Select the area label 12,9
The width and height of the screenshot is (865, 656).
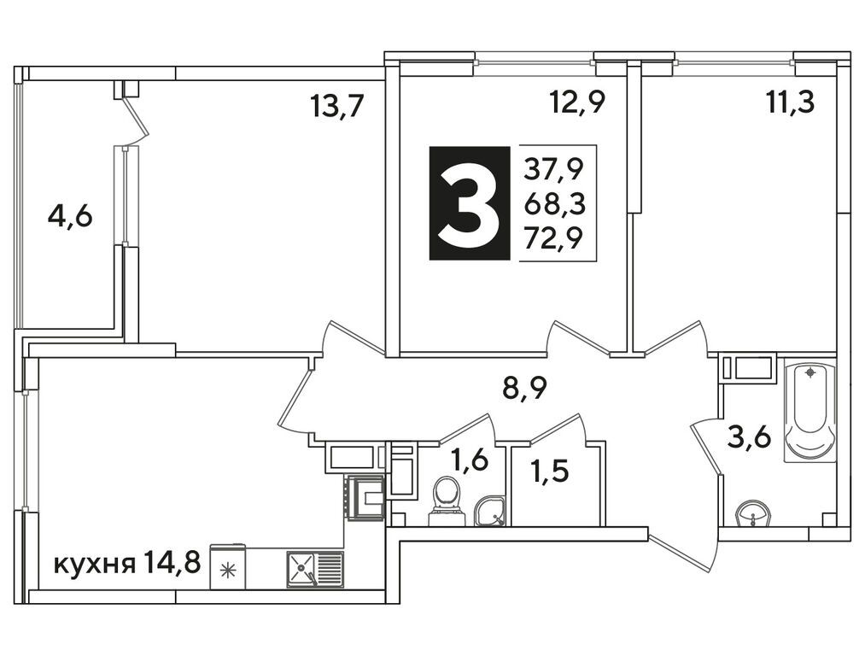(x=577, y=102)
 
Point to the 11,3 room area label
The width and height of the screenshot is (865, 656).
(x=791, y=102)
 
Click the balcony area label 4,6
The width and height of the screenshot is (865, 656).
(x=70, y=217)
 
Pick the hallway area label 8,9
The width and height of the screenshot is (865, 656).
(x=524, y=389)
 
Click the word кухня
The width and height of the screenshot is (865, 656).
(x=94, y=565)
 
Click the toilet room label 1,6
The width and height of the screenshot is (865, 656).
(x=470, y=459)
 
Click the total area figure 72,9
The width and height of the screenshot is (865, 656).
(x=553, y=238)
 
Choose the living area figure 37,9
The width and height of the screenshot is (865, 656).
(x=553, y=168)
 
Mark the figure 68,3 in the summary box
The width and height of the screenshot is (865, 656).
(x=554, y=203)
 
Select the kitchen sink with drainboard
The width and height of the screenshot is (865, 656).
(x=314, y=570)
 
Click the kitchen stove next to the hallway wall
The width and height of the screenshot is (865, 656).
(x=364, y=496)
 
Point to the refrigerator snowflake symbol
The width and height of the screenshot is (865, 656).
(x=227, y=571)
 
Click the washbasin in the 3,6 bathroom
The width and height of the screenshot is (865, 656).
(x=752, y=514)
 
